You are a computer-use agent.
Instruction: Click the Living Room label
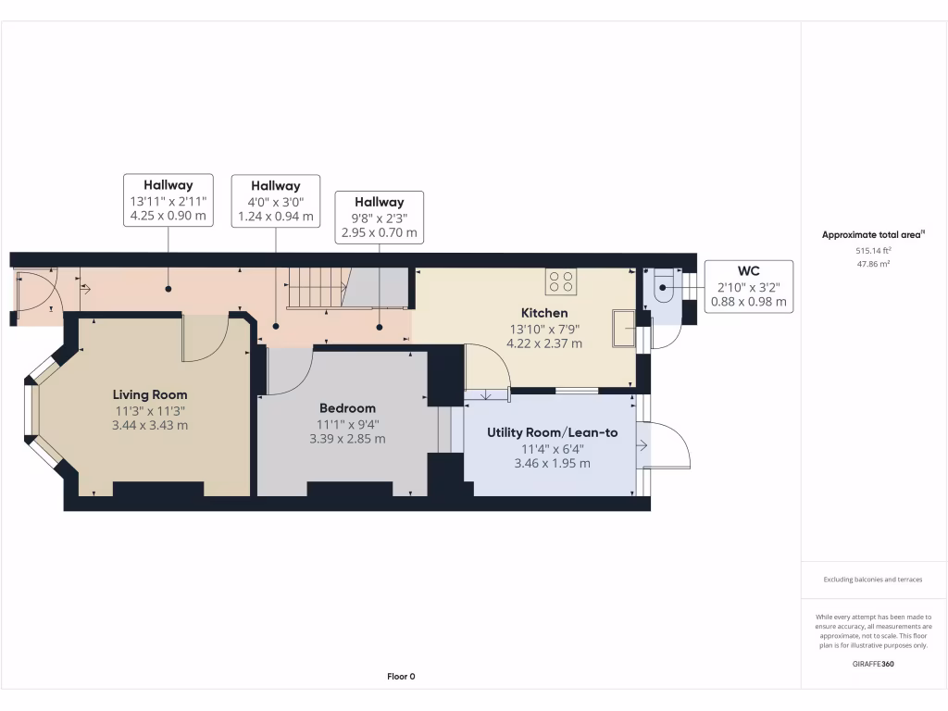(x=151, y=394)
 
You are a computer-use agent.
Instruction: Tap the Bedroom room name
(x=347, y=408)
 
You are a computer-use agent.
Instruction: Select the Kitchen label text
(x=544, y=313)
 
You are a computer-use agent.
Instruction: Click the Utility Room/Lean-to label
(x=553, y=432)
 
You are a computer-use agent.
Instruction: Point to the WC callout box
(x=748, y=286)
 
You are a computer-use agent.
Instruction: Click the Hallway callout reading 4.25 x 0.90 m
(x=168, y=200)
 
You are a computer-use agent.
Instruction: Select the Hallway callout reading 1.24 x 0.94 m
(x=275, y=202)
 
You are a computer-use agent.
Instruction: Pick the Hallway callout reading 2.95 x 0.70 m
(x=380, y=218)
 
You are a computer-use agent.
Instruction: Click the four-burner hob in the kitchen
(x=561, y=281)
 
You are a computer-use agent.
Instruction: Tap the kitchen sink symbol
(x=623, y=328)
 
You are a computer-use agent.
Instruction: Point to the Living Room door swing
(x=205, y=338)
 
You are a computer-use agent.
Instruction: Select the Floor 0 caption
(x=401, y=677)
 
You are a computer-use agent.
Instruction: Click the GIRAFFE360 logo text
(x=874, y=664)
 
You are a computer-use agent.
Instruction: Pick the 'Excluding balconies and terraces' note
(x=873, y=580)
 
